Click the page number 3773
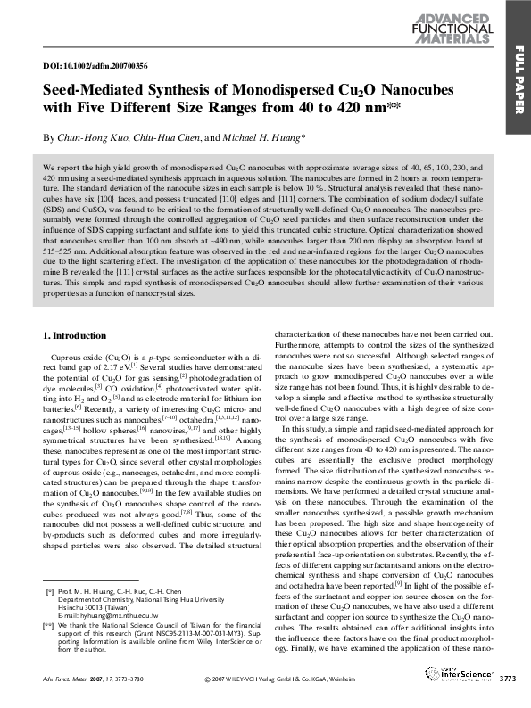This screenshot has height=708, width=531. tap(507, 681)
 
